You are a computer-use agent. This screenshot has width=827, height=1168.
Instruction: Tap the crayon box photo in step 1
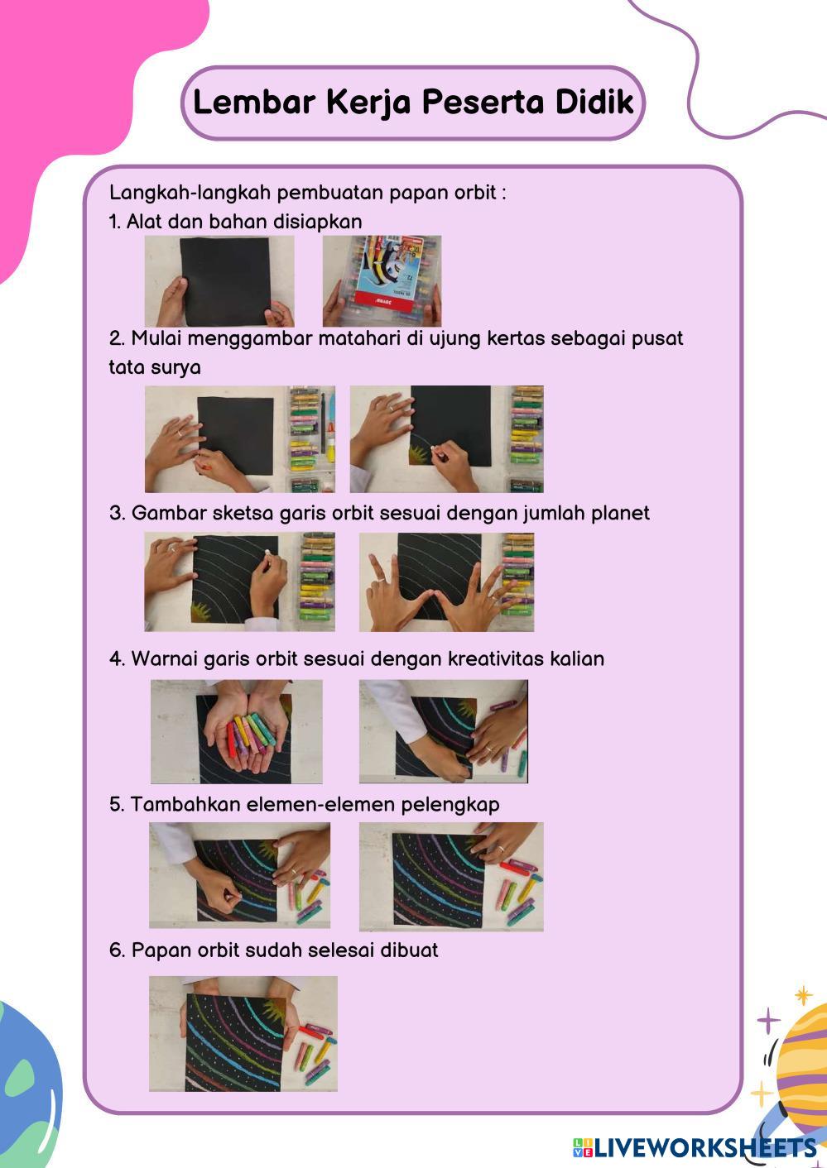pyautogui.click(x=382, y=280)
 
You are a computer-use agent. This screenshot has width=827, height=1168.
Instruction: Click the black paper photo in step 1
pyautogui.click(x=219, y=280)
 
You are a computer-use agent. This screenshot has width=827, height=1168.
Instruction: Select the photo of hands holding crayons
pyautogui.click(x=237, y=731)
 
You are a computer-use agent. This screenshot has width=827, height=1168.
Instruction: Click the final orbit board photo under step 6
pyautogui.click(x=243, y=1034)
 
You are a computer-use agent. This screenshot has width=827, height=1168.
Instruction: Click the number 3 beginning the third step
pyautogui.click(x=115, y=513)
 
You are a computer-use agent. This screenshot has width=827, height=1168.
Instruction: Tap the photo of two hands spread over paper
pyautogui.click(x=447, y=582)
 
